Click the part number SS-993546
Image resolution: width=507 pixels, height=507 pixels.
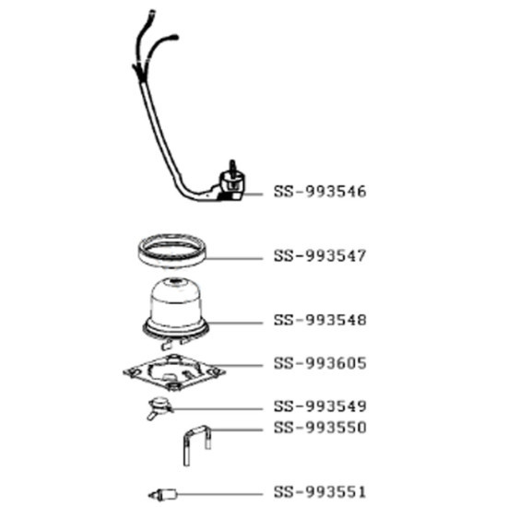(x=320, y=193)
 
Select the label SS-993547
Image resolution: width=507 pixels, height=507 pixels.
(x=320, y=256)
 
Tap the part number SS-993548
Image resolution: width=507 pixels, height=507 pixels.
(x=320, y=321)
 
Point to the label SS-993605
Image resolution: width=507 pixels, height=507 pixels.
(x=320, y=363)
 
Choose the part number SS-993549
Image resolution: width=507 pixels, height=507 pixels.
(x=320, y=407)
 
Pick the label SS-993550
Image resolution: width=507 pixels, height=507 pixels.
(x=320, y=428)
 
